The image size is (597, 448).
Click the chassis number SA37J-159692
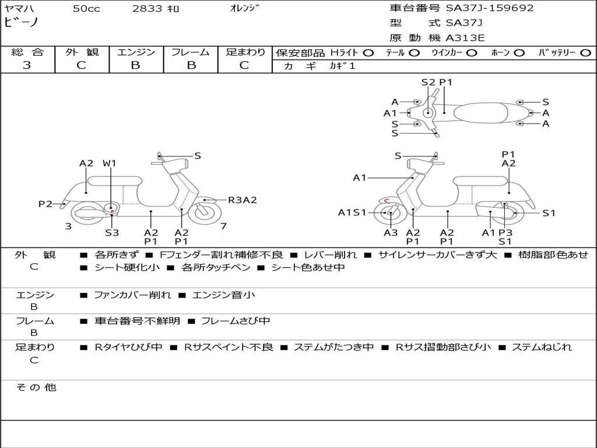(x=490, y=8)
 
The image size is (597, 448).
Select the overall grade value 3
(x=27, y=65)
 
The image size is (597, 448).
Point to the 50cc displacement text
(x=86, y=9)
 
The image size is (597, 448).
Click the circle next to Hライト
(x=368, y=52)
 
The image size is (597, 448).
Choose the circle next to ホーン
(x=519, y=52)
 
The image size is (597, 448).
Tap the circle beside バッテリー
(x=585, y=52)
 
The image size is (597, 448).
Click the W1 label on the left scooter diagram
(x=110, y=163)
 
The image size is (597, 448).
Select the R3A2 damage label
(x=243, y=200)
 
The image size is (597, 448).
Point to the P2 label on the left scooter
(x=45, y=204)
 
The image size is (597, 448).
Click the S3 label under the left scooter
(x=112, y=232)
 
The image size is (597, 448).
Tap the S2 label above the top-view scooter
(x=429, y=82)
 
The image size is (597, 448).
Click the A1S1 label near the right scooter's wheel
(x=353, y=212)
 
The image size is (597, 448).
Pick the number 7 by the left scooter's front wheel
(x=223, y=226)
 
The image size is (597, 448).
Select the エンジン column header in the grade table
(x=136, y=52)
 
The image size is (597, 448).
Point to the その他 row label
(x=36, y=387)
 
